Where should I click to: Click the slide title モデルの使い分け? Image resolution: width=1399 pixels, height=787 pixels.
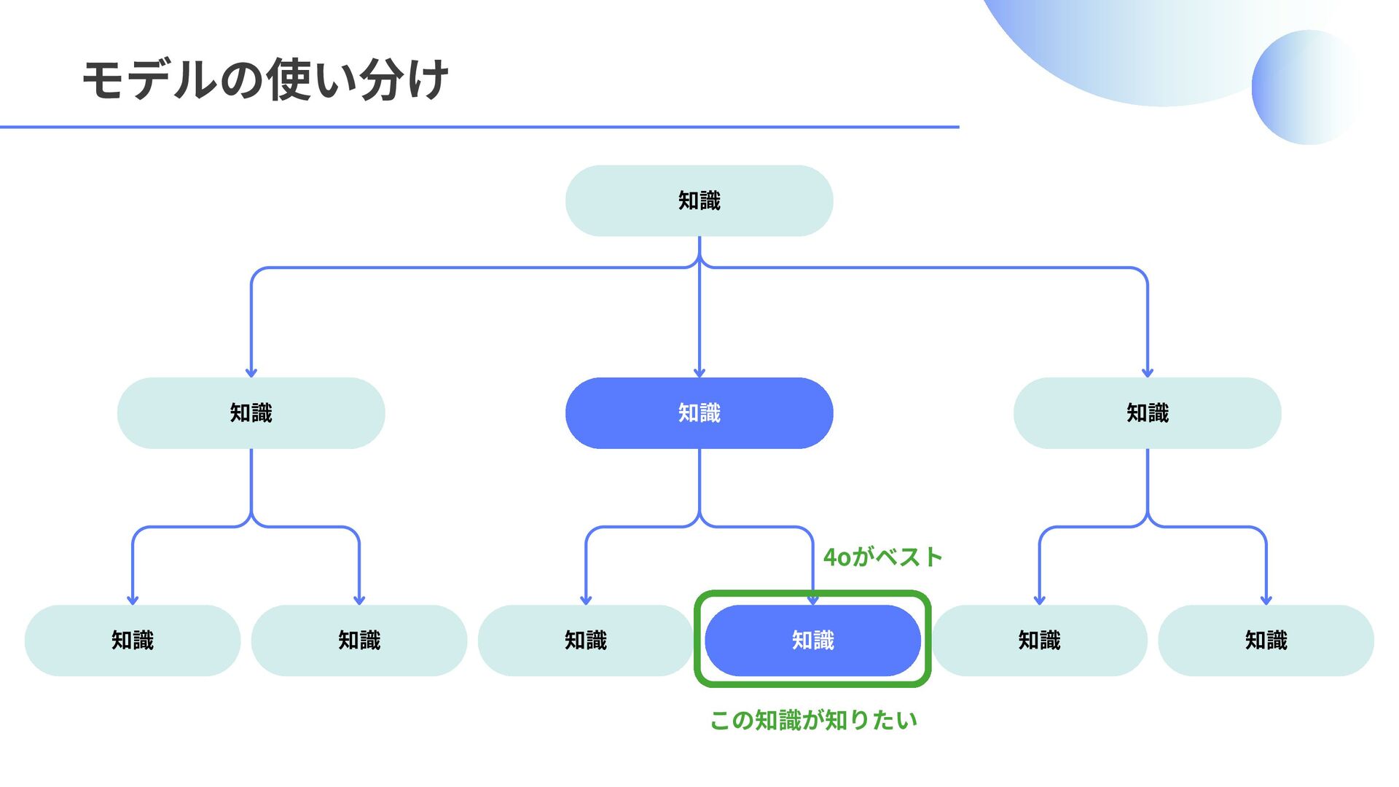[265, 79]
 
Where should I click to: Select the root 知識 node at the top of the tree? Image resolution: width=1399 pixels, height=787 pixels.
[699, 200]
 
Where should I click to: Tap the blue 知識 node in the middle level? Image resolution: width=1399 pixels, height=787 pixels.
[699, 413]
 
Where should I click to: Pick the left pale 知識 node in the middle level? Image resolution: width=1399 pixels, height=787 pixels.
[251, 413]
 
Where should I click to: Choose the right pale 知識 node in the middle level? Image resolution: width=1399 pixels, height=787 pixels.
[1147, 413]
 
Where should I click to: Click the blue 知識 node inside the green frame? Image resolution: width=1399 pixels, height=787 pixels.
[812, 641]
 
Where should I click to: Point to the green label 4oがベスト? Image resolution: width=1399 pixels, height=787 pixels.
[882, 557]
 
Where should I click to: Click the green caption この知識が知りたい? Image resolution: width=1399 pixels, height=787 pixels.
[813, 720]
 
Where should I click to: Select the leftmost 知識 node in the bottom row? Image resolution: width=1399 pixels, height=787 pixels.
[133, 641]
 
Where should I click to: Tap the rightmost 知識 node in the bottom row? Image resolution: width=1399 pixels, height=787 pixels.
[1266, 641]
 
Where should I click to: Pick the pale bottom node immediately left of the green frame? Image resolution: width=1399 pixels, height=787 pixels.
[586, 641]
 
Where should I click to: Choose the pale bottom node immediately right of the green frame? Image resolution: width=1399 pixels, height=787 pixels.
[1039, 641]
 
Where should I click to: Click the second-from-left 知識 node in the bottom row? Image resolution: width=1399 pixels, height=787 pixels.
[359, 641]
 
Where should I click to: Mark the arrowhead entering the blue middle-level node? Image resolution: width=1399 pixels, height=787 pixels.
[699, 373]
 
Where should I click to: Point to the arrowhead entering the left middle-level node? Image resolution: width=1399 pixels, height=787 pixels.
[251, 373]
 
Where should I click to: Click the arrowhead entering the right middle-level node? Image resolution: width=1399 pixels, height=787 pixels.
[1148, 373]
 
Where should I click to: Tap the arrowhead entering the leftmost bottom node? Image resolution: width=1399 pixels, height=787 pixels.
[133, 600]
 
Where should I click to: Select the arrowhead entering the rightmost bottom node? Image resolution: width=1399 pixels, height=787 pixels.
[1266, 600]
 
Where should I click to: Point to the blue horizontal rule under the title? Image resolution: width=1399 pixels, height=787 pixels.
[479, 127]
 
